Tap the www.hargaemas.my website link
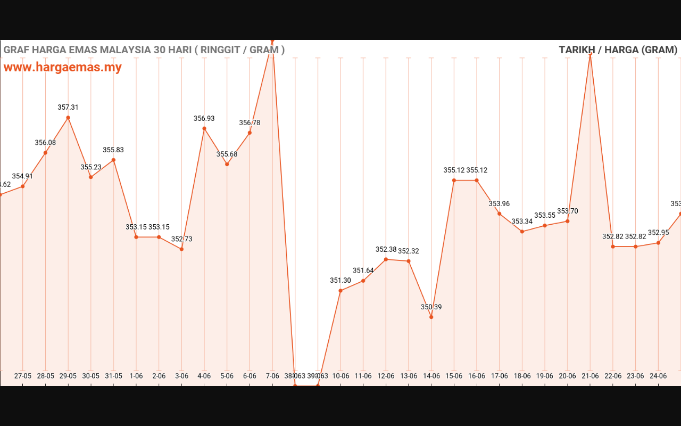[x=63, y=67]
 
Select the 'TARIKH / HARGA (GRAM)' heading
[x=618, y=50]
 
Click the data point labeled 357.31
[x=68, y=118]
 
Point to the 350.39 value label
[x=431, y=307]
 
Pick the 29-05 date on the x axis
[x=68, y=376]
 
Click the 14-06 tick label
[x=431, y=376]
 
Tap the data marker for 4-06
[x=204, y=128]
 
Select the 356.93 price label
[x=204, y=119]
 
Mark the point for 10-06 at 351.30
[x=340, y=291]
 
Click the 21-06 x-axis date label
[x=590, y=376]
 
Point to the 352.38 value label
[x=386, y=250]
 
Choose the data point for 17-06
[x=499, y=214]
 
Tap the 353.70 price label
[x=567, y=211]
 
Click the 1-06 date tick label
[x=136, y=376]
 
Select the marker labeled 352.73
[x=181, y=249]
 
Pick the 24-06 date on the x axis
[x=658, y=376]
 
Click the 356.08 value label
[x=45, y=143]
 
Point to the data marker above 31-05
[x=113, y=160]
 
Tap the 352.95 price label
[x=658, y=233]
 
